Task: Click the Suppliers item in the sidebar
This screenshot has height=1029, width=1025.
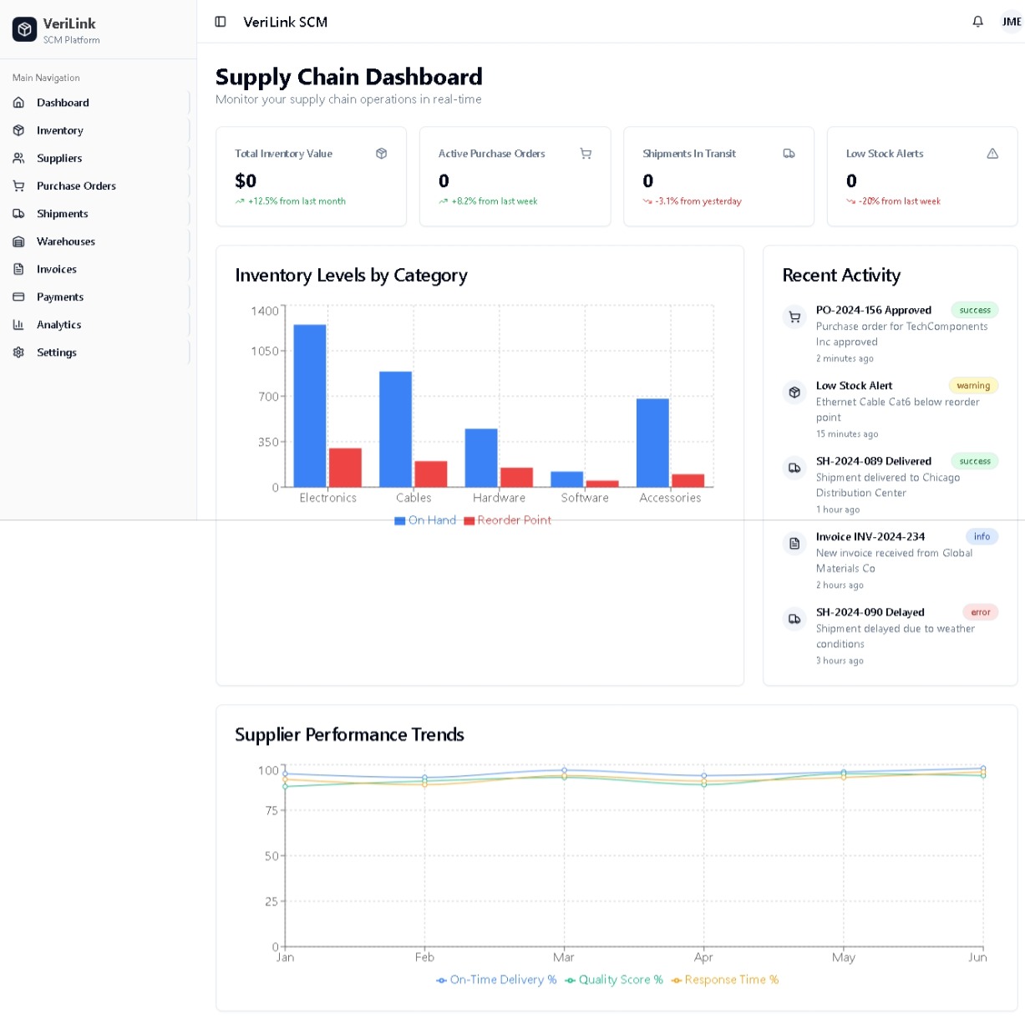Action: (x=59, y=158)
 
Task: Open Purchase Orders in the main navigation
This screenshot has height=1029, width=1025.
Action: (x=76, y=185)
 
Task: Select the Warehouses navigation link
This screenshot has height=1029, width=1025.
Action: (x=66, y=241)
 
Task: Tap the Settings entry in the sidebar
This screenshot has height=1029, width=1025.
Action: (x=57, y=352)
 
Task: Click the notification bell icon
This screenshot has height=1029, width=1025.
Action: (x=977, y=22)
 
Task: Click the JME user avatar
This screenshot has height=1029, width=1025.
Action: (x=1011, y=22)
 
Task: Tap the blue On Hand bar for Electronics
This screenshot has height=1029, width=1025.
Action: (x=310, y=405)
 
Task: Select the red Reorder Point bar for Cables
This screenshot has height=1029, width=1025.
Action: (x=431, y=474)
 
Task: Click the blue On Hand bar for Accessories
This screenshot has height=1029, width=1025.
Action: (x=652, y=443)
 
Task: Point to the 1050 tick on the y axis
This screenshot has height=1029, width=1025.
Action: (x=265, y=352)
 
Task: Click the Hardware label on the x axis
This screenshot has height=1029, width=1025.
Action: (x=499, y=498)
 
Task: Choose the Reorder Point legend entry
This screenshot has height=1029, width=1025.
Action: (x=508, y=520)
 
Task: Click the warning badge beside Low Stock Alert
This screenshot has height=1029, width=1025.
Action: (x=973, y=386)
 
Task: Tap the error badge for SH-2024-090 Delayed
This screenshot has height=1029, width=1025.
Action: (x=980, y=612)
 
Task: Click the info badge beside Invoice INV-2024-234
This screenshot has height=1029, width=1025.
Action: (x=982, y=537)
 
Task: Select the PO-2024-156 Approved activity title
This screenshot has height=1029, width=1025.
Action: (x=873, y=310)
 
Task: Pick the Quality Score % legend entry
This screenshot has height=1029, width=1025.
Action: (x=614, y=980)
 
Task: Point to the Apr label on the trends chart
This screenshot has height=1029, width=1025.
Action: (x=703, y=957)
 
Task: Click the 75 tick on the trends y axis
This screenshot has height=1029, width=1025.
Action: (x=271, y=810)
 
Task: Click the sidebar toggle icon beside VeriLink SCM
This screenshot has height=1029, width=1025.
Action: (x=221, y=22)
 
